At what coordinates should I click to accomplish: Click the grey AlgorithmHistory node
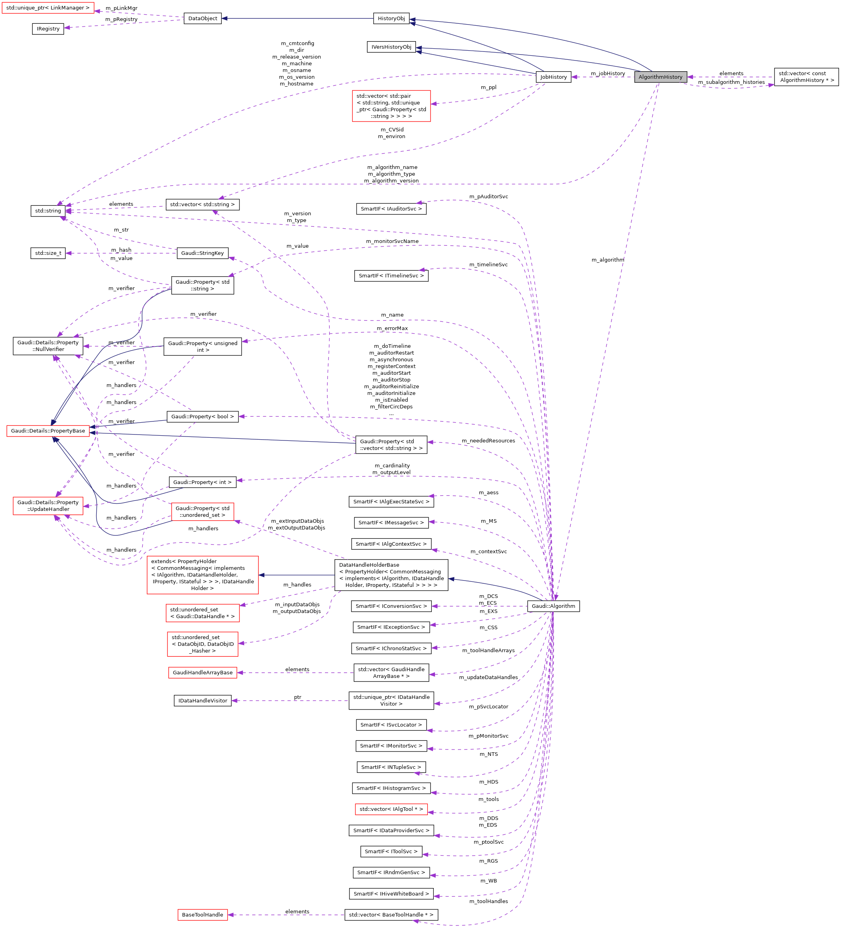pos(660,77)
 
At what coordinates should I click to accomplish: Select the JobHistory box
pos(553,77)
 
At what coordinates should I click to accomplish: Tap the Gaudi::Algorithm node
pos(553,606)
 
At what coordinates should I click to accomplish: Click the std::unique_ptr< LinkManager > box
pos(48,8)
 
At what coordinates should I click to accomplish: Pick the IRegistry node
pos(48,28)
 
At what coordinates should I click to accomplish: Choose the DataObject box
pos(203,19)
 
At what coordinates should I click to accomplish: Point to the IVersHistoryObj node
pos(391,47)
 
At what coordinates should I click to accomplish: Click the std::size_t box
pos(48,253)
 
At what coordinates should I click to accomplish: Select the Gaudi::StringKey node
pos(203,253)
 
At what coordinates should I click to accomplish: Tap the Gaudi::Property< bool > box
pos(203,417)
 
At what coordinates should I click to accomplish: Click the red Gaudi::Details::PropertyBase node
pos(48,431)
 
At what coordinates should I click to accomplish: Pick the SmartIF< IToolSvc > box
pos(391,852)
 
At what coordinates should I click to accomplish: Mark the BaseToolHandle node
pos(203,915)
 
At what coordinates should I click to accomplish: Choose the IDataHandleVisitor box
pos(203,700)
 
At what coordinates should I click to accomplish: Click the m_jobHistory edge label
pos(607,73)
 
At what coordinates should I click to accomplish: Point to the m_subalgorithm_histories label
pos(731,82)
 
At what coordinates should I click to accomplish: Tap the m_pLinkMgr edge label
pos(121,8)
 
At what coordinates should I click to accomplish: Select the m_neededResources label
pos(488,440)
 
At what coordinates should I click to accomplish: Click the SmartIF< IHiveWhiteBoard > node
pos(391,894)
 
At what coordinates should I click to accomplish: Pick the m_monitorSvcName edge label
pos(392,241)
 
